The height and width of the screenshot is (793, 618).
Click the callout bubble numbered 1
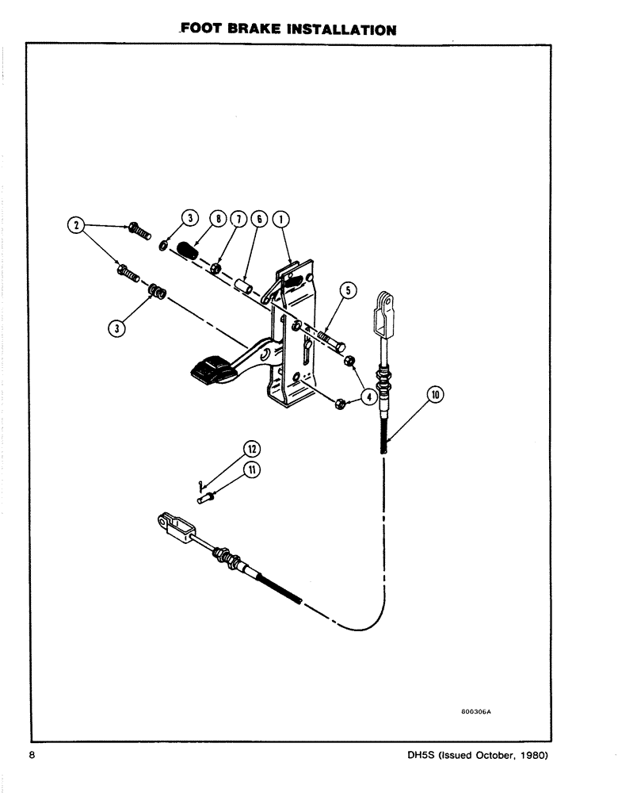280,218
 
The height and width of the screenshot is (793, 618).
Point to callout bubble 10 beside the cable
434,393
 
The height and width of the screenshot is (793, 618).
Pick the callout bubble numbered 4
369,396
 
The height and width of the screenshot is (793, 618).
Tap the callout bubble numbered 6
257,218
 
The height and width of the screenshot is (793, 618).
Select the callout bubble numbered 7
235,218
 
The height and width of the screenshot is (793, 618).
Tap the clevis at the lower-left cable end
174,526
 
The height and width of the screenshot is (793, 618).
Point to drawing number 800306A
475,712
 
